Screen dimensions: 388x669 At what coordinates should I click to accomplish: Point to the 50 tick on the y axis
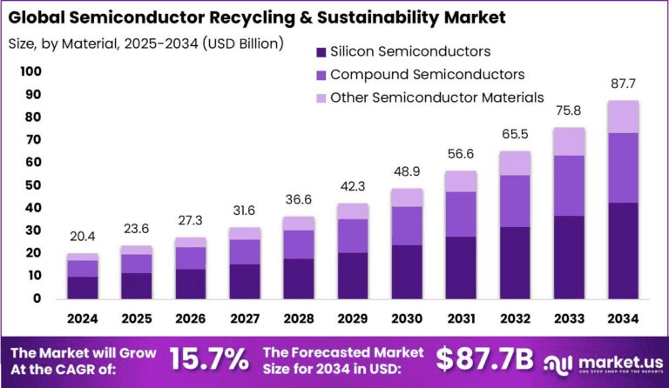pos(32,185)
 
